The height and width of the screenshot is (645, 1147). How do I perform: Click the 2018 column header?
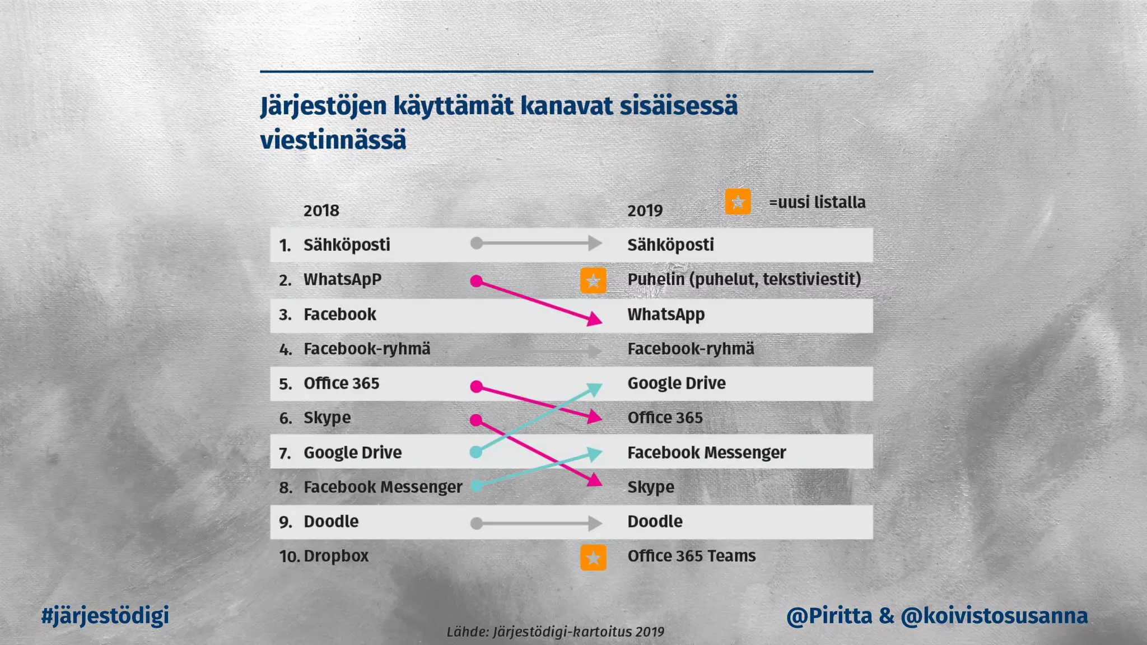tap(321, 211)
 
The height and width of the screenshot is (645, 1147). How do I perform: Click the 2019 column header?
tap(645, 211)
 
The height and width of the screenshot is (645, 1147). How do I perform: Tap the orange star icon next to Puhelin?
tap(593, 280)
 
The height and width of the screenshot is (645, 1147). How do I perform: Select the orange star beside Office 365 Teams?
tap(593, 557)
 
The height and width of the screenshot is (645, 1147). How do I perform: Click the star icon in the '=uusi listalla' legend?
tap(738, 202)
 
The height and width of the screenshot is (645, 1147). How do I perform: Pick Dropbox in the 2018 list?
tap(335, 556)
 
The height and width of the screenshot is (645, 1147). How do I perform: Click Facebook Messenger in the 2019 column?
tap(706, 452)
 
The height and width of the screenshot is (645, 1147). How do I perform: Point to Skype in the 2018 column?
tap(327, 418)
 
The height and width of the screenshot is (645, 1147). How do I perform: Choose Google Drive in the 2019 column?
tap(676, 383)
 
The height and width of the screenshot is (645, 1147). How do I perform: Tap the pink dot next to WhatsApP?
tap(476, 281)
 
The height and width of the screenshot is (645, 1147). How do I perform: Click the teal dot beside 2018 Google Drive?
tap(475, 452)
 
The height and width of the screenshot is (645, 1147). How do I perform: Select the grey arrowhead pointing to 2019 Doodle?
tap(595, 524)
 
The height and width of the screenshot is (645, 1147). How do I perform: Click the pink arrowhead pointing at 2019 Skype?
tap(594, 480)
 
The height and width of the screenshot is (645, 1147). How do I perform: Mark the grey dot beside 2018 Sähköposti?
tap(476, 243)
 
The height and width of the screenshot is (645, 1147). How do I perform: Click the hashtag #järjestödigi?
tap(105, 615)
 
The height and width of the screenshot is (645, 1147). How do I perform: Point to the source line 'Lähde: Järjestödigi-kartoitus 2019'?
tap(555, 632)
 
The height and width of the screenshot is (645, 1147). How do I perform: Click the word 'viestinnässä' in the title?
tap(333, 139)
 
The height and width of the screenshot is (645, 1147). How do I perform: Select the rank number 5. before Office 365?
tap(285, 384)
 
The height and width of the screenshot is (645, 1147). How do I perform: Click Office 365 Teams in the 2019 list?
tap(691, 556)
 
